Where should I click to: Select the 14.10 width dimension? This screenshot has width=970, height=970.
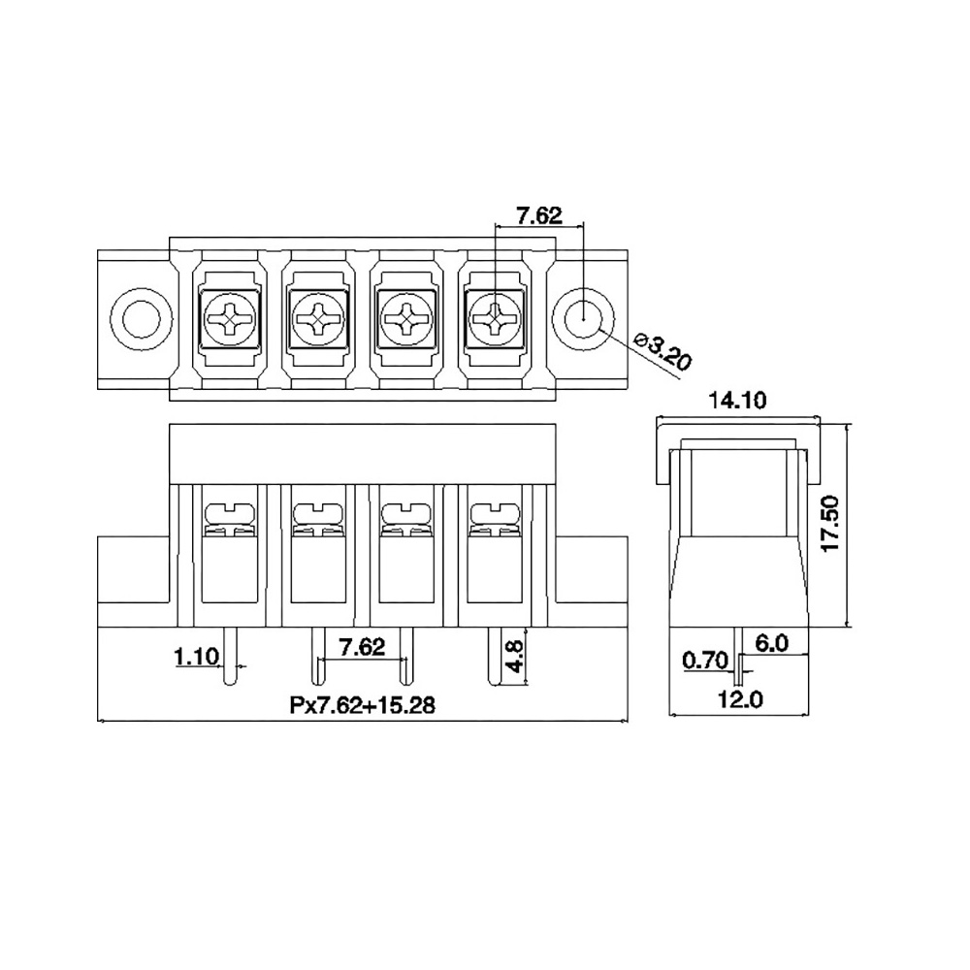(x=736, y=401)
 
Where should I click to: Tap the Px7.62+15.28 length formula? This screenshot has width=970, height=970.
(x=362, y=705)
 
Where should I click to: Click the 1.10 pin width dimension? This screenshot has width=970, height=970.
(x=197, y=657)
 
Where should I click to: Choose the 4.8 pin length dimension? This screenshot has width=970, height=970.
(x=515, y=657)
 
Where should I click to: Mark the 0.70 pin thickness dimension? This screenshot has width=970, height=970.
(x=705, y=661)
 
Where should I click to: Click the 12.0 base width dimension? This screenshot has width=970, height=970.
(x=740, y=699)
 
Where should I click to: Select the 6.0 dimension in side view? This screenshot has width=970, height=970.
(x=772, y=643)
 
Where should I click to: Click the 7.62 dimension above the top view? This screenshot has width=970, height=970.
(x=539, y=215)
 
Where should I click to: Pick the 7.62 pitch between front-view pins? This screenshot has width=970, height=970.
(x=362, y=647)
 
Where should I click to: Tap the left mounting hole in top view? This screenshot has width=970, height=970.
(x=142, y=320)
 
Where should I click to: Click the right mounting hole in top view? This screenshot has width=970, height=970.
(x=583, y=320)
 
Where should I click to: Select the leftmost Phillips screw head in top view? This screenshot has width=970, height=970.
(x=229, y=320)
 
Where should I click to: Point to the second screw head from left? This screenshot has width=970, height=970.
(x=317, y=320)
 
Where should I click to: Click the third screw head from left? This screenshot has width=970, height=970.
(x=405, y=320)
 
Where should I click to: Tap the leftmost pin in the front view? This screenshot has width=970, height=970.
(x=229, y=657)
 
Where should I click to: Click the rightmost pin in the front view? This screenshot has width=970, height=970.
(x=495, y=657)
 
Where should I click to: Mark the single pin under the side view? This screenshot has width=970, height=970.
(x=738, y=652)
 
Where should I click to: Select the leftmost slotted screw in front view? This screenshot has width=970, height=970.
(x=229, y=513)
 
